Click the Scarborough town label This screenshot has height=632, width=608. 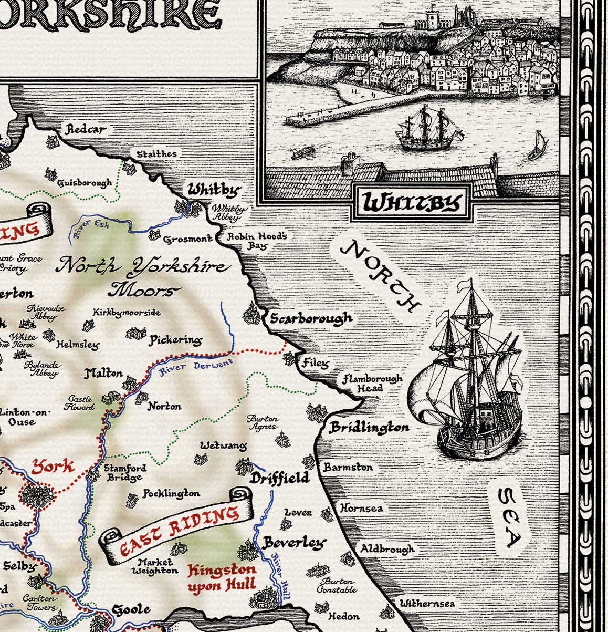tap(311, 318)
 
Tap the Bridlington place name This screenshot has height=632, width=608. tap(369, 427)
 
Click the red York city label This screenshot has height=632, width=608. tap(53, 466)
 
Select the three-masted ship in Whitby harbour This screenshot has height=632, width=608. tap(428, 129)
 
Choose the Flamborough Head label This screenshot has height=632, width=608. tap(372, 383)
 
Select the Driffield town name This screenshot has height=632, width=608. tap(279, 478)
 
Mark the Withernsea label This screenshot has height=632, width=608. tap(427, 604)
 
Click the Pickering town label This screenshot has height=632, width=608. tap(175, 340)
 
